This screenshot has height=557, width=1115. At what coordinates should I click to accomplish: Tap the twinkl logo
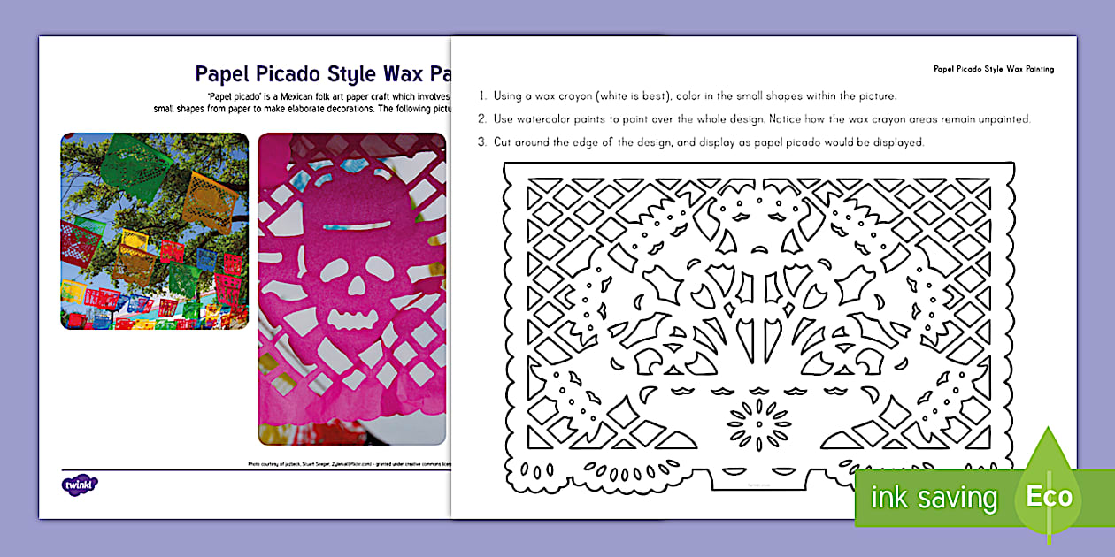[80, 484]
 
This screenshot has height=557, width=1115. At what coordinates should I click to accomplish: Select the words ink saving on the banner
[934, 498]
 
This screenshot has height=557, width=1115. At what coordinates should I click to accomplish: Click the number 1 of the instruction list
[481, 95]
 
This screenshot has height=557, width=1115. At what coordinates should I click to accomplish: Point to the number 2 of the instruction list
[481, 118]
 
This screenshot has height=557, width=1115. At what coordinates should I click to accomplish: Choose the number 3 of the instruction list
[481, 141]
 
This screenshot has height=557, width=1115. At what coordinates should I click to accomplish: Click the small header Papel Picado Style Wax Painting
[993, 68]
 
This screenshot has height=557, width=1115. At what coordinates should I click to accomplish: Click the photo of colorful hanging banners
[154, 232]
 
